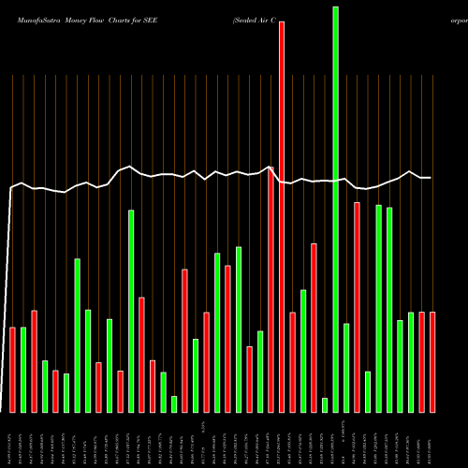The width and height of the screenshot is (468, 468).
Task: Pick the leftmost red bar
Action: tap(13, 370)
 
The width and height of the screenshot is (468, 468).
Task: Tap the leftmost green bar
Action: tap(23, 370)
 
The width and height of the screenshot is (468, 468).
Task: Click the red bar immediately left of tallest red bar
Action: tap(271, 289)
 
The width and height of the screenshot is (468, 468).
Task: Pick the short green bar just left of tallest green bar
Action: tap(325, 404)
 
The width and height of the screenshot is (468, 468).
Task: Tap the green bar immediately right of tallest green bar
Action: tap(346, 368)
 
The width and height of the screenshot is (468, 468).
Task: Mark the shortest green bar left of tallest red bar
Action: tap(174, 403)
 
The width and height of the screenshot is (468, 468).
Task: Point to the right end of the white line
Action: tap(431, 178)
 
